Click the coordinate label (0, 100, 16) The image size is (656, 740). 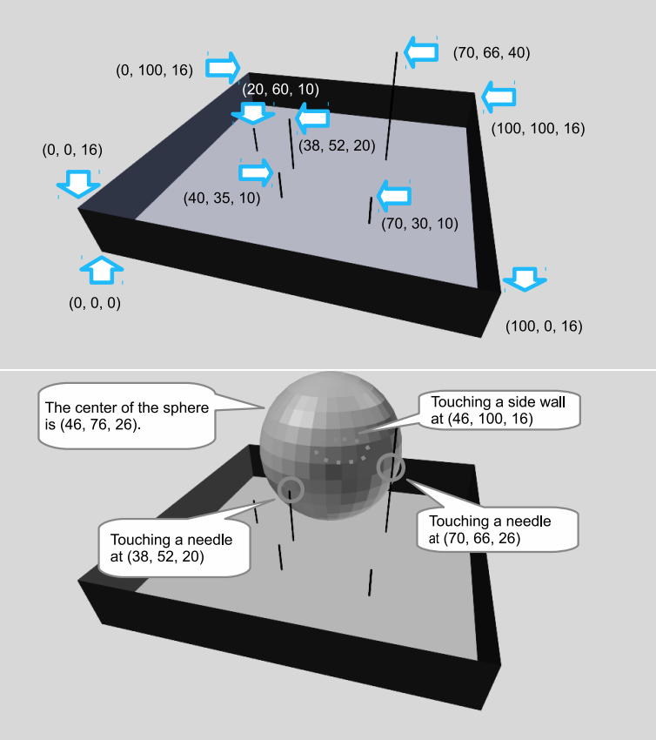154,71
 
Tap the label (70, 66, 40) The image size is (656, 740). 492,52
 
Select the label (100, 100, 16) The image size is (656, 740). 538,128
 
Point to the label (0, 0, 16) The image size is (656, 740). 72,150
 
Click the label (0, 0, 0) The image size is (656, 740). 95,302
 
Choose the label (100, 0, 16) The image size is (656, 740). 544,326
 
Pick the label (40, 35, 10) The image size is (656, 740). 222,198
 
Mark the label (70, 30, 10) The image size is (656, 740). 419,223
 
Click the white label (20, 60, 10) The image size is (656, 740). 281,89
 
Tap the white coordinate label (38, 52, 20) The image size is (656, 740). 337,145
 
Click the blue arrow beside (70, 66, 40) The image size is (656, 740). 421,52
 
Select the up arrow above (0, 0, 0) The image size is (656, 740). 102,271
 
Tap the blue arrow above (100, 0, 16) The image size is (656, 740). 525,279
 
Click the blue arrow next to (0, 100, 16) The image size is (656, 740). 223,68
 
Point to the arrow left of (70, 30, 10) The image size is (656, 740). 394,196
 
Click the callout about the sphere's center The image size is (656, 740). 127,415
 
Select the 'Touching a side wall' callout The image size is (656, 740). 498,410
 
